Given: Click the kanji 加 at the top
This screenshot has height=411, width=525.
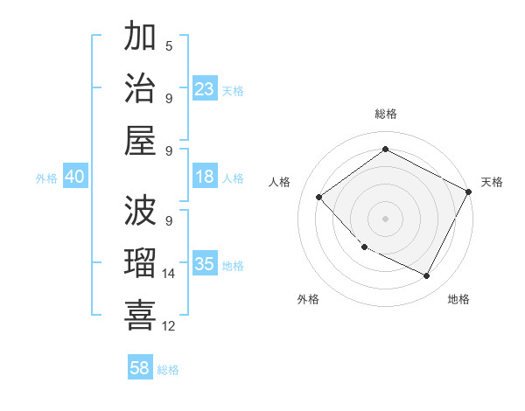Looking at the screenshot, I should (140, 38).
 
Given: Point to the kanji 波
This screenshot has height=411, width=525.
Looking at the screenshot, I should (140, 212).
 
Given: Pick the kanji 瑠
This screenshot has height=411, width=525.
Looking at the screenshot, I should (140, 262).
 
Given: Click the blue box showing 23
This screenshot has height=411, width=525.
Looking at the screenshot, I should (205, 88).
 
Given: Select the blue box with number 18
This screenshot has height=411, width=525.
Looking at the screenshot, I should (205, 177).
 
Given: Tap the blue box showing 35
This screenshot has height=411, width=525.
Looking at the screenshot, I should (205, 264).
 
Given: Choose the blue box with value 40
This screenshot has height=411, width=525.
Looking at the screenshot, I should (74, 177).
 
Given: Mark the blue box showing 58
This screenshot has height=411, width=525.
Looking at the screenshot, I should (140, 368).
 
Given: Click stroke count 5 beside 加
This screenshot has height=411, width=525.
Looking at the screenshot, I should (169, 45).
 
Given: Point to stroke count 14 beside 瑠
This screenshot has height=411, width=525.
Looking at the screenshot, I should (169, 274).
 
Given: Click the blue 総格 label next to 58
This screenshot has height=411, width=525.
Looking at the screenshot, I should (168, 370).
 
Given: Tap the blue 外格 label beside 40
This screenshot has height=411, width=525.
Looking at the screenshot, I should (46, 178).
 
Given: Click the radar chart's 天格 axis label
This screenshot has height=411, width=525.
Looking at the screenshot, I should (492, 182).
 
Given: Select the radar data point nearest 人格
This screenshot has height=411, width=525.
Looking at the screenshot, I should (319, 197).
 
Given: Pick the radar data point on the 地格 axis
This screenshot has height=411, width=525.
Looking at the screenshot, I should (426, 276).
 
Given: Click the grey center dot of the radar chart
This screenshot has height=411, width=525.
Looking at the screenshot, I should (385, 218).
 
